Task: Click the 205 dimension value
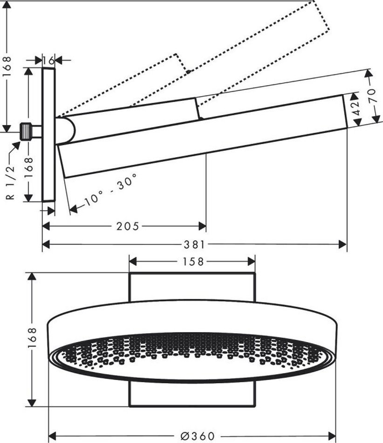[x=128, y=226]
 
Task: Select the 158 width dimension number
[x=191, y=262]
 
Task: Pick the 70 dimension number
[x=372, y=97]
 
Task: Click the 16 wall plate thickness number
[x=48, y=60]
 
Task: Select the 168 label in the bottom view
[x=32, y=339]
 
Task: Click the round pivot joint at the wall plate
[x=65, y=130]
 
